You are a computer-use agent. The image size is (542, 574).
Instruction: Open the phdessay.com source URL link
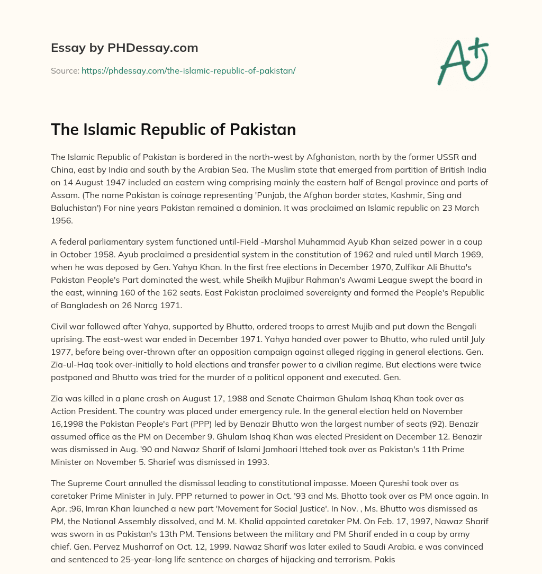click(188, 70)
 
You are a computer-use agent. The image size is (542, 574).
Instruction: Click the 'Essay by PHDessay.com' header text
click(124, 48)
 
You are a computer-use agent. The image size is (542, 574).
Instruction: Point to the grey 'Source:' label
click(65, 70)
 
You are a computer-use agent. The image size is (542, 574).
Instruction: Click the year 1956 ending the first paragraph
click(62, 221)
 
